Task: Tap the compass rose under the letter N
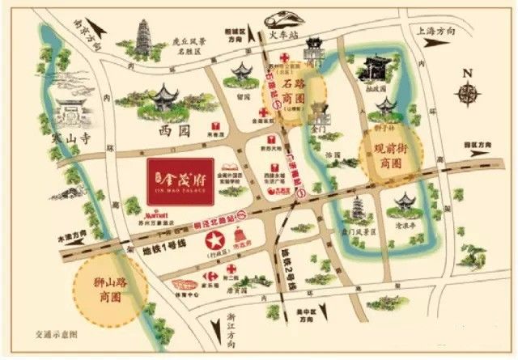[x=468, y=95]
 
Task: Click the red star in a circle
[x=214, y=240]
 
